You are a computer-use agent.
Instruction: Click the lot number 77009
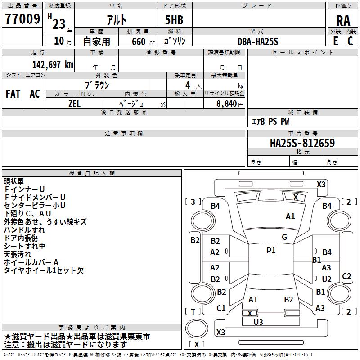pyautogui.click(x=22, y=20)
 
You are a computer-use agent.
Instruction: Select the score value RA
pyautogui.click(x=343, y=21)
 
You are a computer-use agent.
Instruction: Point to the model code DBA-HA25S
pyautogui.click(x=258, y=41)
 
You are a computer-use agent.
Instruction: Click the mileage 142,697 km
pyautogui.click(x=53, y=64)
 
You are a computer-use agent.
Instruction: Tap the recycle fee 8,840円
pyautogui.click(x=229, y=104)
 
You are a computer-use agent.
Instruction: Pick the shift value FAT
pyautogui.click(x=13, y=94)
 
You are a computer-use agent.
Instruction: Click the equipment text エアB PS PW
pyautogui.click(x=270, y=121)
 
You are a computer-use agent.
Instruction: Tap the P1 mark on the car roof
pyautogui.click(x=271, y=251)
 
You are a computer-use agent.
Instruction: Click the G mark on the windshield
pyautogui.click(x=284, y=237)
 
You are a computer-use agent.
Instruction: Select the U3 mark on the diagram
pyautogui.click(x=258, y=322)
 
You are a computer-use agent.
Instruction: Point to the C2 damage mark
pyautogui.click(x=346, y=276)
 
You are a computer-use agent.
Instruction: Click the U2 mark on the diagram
pyautogui.click(x=327, y=279)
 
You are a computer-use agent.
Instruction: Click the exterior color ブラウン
pyautogui.click(x=97, y=84)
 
